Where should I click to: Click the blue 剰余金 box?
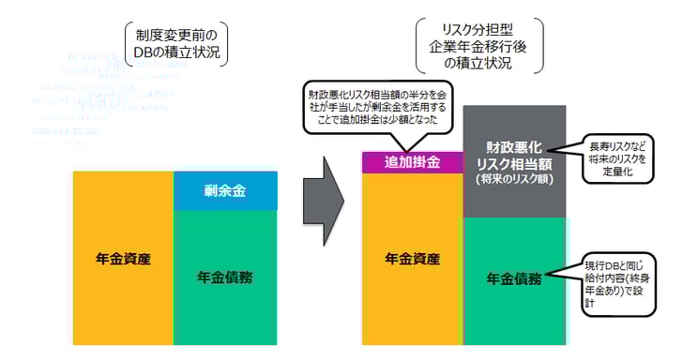[225, 191]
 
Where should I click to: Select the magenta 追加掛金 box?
[412, 162]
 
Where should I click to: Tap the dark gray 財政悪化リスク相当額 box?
[514, 161]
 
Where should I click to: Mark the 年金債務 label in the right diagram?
[515, 277]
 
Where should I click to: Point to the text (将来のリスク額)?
[514, 177]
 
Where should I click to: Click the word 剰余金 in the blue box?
[225, 191]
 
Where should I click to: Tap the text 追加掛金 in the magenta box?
[412, 162]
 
